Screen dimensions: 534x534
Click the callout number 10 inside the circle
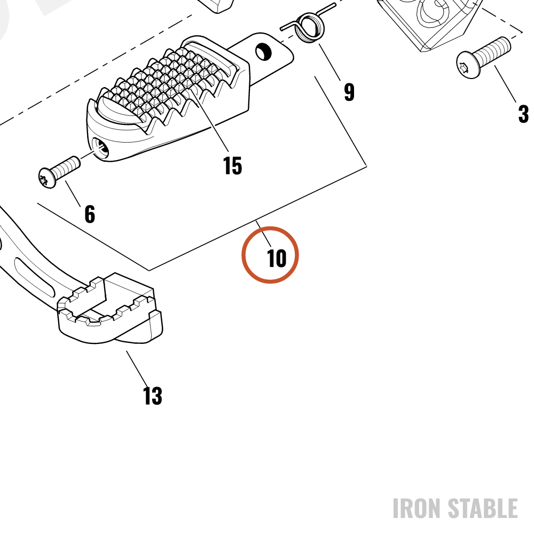pyautogui.click(x=277, y=258)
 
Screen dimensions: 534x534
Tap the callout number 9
pyautogui.click(x=349, y=92)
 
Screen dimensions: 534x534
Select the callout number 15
pyautogui.click(x=233, y=166)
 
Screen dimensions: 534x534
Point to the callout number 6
pyautogui.click(x=90, y=214)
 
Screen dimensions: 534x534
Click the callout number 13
pyautogui.click(x=153, y=396)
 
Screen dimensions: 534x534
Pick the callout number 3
pyautogui.click(x=523, y=114)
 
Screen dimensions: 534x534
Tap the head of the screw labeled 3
pyautogui.click(x=468, y=65)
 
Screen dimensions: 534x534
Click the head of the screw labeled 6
pyautogui.click(x=47, y=177)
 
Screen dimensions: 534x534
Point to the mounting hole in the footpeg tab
pyautogui.click(x=263, y=51)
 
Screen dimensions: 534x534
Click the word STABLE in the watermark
pyautogui.click(x=483, y=508)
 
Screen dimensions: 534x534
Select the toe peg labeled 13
pyautogui.click(x=110, y=308)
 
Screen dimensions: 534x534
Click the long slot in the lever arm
pyautogui.click(x=34, y=277)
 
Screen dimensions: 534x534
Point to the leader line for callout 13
pyautogui.click(x=137, y=368)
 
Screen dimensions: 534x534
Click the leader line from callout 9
pyautogui.click(x=329, y=62)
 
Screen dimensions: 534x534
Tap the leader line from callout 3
pyautogui.click(x=506, y=84)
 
